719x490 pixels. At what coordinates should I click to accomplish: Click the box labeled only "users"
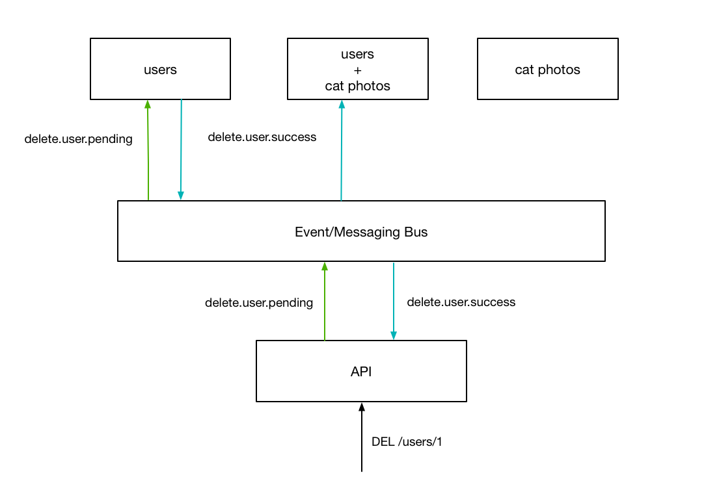[x=160, y=69]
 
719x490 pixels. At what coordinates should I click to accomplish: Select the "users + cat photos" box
[x=357, y=69]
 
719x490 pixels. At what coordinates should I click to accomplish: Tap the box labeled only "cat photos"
[x=547, y=69]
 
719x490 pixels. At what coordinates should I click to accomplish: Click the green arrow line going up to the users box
[x=148, y=156]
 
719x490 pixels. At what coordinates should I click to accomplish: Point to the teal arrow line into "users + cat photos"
[x=341, y=156]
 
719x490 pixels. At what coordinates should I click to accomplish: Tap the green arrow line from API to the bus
[x=325, y=305]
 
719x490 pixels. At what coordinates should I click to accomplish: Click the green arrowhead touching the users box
[x=148, y=104]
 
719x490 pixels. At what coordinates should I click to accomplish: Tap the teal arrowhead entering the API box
[x=394, y=335]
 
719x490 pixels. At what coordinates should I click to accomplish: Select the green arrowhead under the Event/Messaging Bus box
[x=325, y=266]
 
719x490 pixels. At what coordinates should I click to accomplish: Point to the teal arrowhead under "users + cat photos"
[x=342, y=104]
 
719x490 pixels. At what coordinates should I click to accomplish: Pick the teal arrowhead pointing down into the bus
[x=181, y=195]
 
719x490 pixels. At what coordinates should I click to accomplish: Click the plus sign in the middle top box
[x=357, y=70]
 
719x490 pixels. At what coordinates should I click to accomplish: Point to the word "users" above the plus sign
[x=357, y=54]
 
